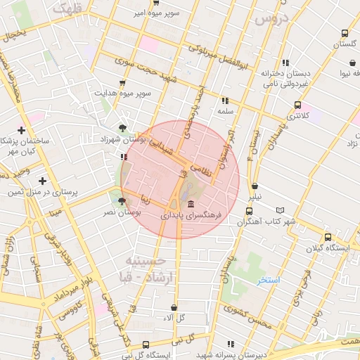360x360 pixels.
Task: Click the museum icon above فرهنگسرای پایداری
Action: [192, 204]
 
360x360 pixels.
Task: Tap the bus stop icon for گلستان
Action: [344, 33]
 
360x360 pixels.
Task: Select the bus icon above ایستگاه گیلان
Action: [328, 237]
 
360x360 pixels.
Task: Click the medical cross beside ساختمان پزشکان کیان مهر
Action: [22, 130]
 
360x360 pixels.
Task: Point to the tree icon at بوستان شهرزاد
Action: [124, 128]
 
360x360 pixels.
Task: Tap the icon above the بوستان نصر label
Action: [122, 200]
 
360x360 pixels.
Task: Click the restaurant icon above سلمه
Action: [225, 100]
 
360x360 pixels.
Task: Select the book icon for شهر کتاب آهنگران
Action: [281, 210]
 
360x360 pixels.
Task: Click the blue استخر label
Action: [268, 281]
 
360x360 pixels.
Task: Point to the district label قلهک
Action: [68, 10]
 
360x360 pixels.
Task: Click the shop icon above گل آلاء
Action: [174, 307]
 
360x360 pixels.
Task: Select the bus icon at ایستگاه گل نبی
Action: [146, 345]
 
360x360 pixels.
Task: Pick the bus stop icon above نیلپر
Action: [250, 211]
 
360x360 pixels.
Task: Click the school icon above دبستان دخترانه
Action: [285, 63]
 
